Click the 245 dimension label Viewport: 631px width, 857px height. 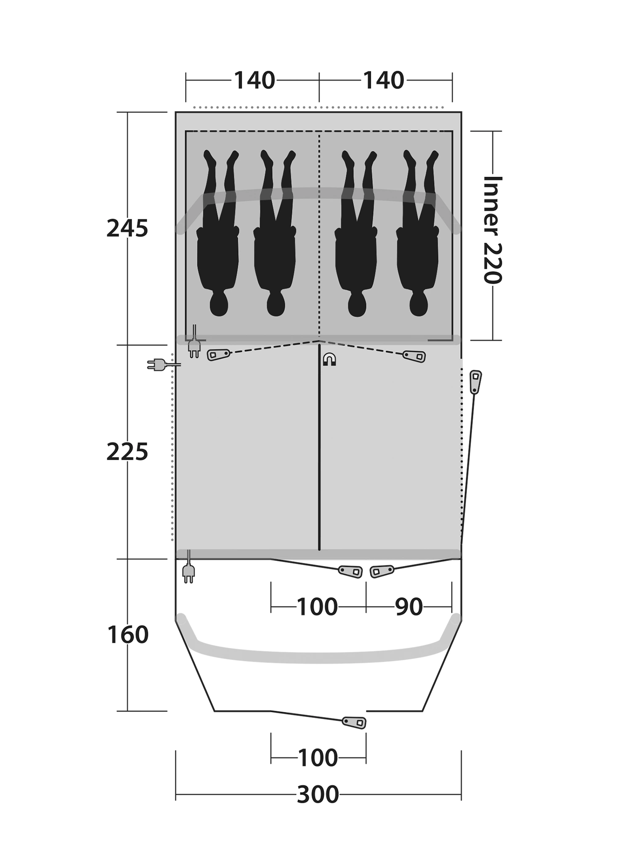click(127, 229)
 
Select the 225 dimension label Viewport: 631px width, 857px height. click(127, 452)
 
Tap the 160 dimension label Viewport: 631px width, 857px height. click(128, 635)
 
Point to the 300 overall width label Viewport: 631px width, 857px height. click(318, 795)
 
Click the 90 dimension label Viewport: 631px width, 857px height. click(409, 607)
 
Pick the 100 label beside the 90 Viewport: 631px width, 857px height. click(317, 607)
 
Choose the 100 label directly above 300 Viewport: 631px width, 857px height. click(318, 758)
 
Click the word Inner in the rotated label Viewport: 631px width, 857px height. click(493, 206)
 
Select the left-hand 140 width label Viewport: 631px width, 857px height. click(255, 80)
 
